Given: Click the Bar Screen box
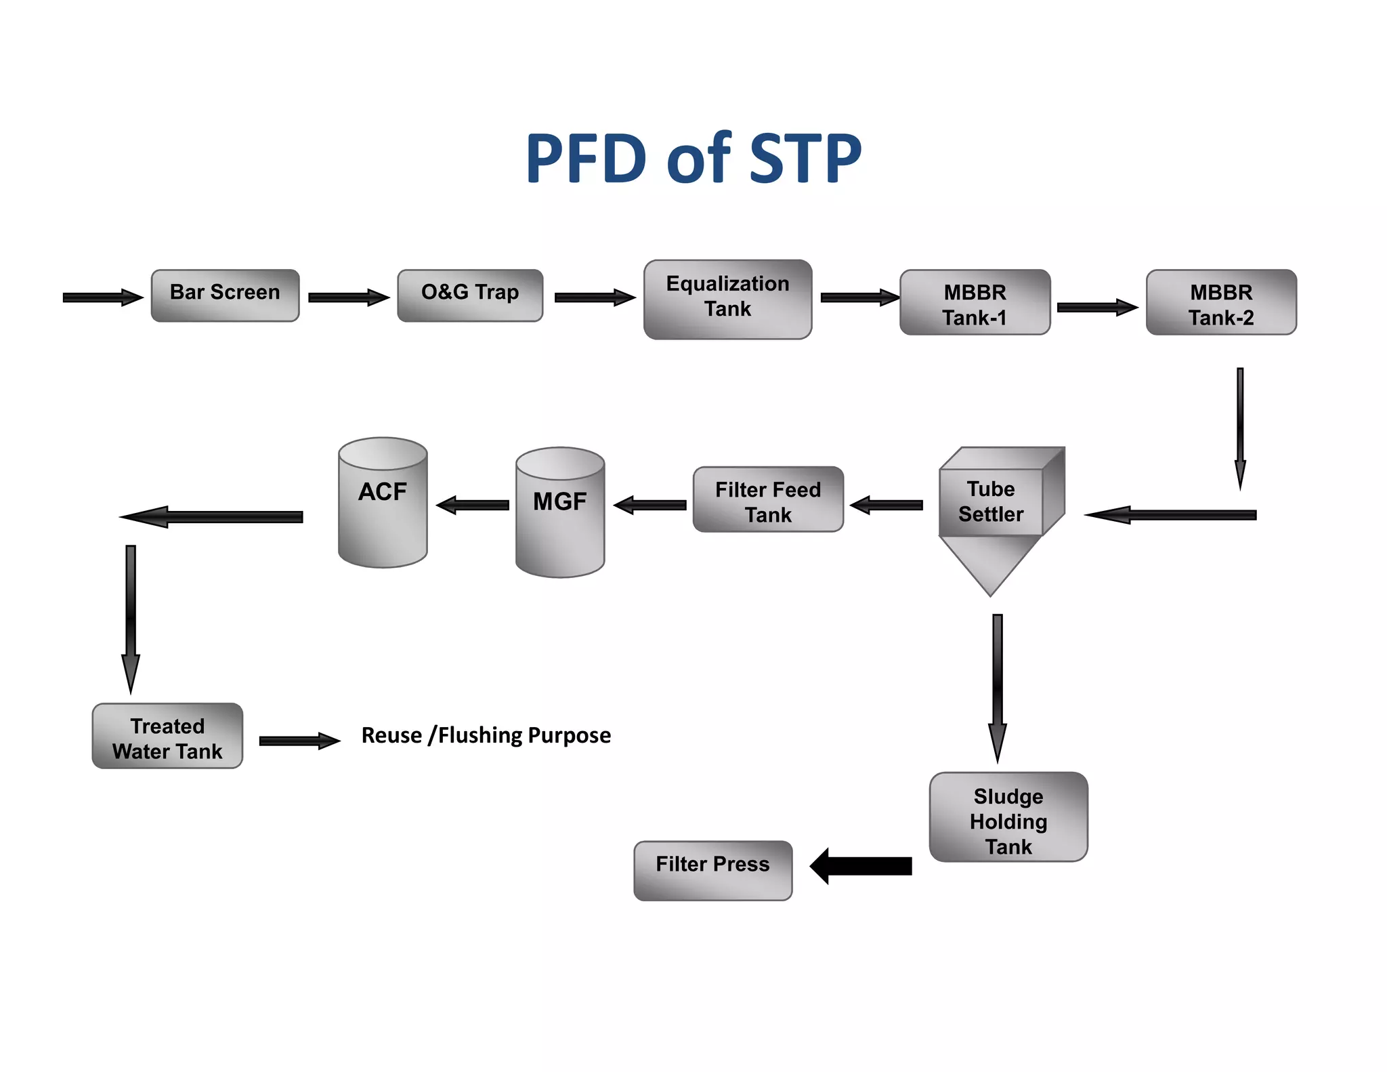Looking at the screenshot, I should tap(225, 295).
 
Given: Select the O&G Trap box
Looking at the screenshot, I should tap(470, 295).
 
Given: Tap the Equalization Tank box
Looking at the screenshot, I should tap(727, 299).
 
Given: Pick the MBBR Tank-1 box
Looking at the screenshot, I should tap(975, 302).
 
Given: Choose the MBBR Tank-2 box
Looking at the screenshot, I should tap(1221, 302).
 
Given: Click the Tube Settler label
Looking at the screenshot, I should tap(990, 501).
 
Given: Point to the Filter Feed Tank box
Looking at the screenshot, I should tap(768, 499).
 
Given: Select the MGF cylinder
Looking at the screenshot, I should tap(560, 512).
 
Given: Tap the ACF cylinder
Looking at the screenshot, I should tap(383, 502).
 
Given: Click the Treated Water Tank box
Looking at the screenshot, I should tap(167, 736).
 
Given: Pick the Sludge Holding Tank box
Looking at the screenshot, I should tap(1008, 817).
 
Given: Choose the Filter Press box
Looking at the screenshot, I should tap(712, 871).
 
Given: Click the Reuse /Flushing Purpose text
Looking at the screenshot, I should tap(486, 735).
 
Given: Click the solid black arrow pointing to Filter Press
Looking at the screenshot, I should tap(861, 866).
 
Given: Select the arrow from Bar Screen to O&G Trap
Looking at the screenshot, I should tap(348, 297).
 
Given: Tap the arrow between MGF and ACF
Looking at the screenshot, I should tap(472, 505).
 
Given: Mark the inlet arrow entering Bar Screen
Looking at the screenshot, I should tap(102, 297).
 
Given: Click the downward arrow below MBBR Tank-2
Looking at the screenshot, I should tap(1240, 427).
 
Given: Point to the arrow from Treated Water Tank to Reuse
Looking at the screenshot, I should tap(299, 741).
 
